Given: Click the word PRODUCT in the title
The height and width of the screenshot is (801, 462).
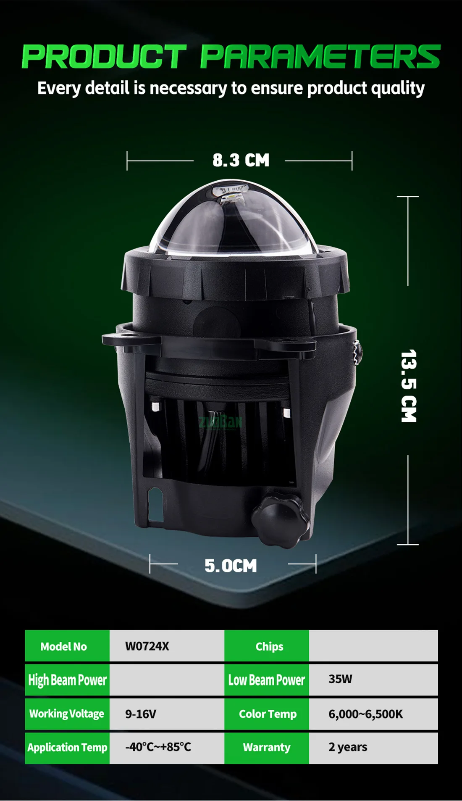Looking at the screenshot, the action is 104,56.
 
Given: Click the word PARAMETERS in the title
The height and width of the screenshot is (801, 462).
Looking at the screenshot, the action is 320,56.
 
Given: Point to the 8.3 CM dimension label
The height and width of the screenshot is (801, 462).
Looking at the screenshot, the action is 241,160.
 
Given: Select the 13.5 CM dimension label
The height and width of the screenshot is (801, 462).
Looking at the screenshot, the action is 409,386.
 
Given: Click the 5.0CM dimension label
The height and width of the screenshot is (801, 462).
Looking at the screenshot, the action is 231,566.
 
